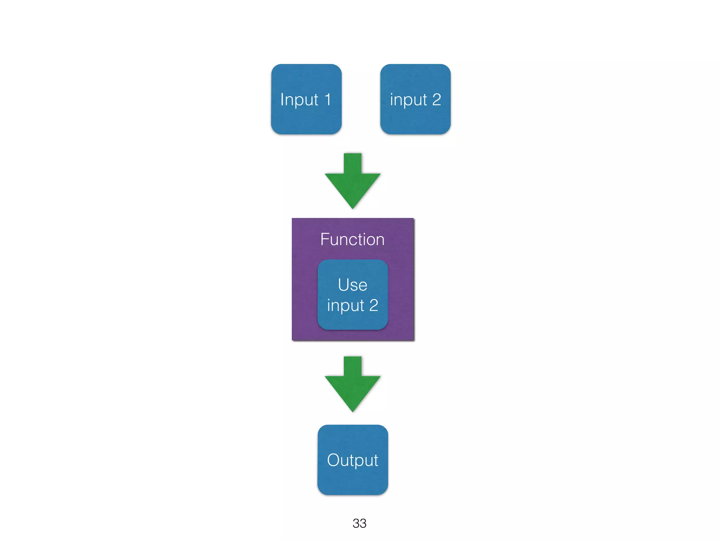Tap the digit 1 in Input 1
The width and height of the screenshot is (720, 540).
(x=328, y=99)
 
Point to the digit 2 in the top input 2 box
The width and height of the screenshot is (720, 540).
(x=436, y=99)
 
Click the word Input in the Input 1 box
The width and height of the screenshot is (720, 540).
(x=299, y=100)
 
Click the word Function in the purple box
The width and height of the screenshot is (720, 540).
(x=352, y=239)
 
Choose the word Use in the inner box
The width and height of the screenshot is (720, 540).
(x=353, y=285)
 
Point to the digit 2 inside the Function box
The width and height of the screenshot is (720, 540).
(x=373, y=305)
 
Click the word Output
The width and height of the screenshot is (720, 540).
(x=353, y=460)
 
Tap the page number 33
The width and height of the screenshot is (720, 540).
(x=359, y=523)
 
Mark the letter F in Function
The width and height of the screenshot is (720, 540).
(x=324, y=239)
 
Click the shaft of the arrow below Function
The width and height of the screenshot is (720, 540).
(x=353, y=366)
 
